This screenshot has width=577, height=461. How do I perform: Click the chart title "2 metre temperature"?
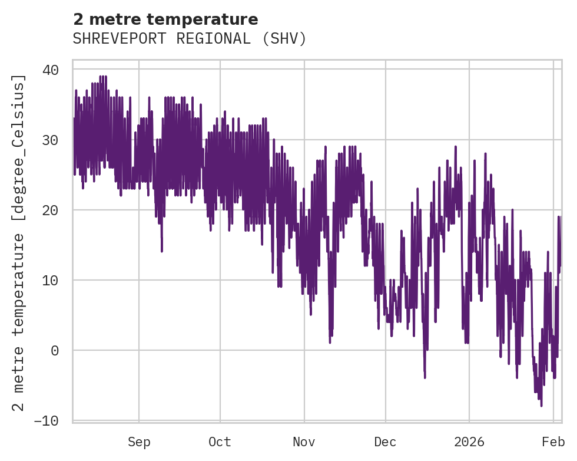165,19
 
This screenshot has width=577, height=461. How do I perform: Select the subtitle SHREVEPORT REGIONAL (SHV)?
190,39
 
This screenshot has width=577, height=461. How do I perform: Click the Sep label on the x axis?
139,442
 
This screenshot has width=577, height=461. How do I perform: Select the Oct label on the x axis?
220,442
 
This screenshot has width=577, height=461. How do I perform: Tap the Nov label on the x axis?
304,442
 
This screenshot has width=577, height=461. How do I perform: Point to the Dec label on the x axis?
386,442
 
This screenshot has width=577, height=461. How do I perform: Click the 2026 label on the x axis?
469,442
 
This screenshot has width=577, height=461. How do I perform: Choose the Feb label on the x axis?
553,442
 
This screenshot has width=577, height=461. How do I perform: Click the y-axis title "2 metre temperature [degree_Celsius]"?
19,243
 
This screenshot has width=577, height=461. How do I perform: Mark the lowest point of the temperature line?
540,406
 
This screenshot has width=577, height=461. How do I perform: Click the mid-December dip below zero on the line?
425,376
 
